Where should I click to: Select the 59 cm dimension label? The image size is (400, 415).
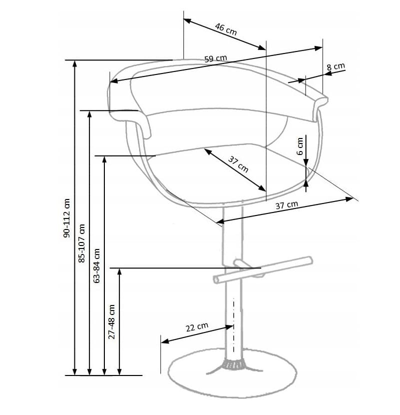[216, 58]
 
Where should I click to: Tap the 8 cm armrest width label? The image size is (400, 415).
[336, 66]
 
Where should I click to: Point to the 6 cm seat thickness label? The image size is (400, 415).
[300, 146]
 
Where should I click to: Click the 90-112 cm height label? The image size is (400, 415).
[67, 218]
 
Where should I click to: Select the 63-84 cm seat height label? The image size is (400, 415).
[97, 265]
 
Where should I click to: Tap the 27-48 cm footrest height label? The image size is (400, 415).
[112, 321]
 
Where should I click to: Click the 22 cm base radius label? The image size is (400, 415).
[197, 327]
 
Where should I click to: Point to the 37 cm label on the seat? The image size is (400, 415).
[238, 164]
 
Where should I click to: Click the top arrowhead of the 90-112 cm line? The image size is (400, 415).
[75, 63]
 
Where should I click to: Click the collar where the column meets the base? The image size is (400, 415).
[233, 365]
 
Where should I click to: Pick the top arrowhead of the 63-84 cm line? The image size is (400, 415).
[104, 159]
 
